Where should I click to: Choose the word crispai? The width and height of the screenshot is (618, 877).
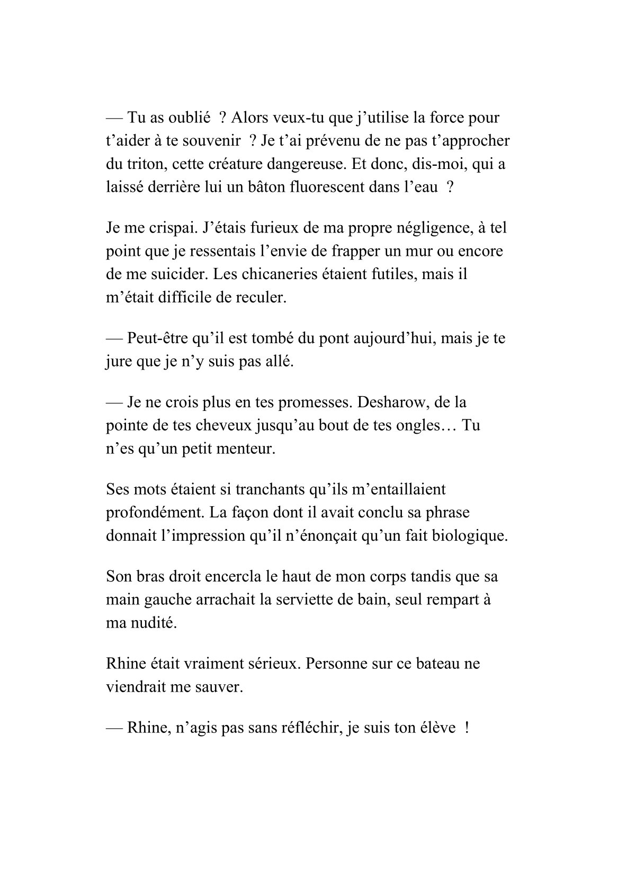(164, 228)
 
